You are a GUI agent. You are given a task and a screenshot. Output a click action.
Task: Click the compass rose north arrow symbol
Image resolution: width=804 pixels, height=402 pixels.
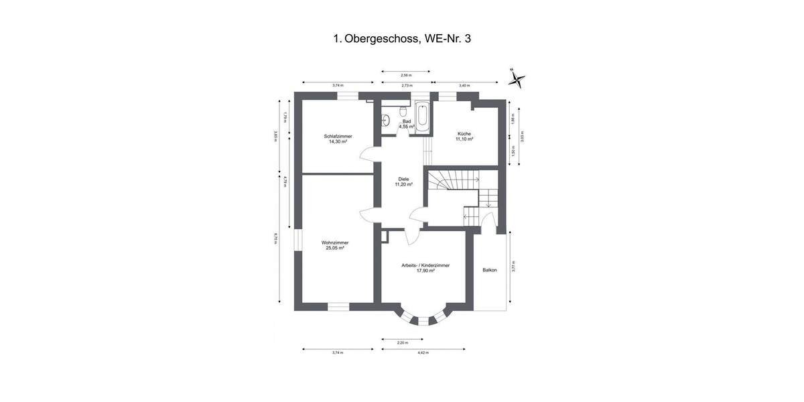[516, 80]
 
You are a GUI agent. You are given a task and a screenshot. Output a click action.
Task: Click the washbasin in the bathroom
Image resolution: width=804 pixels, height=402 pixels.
[386, 121]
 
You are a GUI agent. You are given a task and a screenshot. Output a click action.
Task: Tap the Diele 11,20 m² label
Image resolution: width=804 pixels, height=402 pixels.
[403, 182]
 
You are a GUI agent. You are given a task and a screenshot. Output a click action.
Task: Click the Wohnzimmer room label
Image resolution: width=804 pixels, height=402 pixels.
[334, 245]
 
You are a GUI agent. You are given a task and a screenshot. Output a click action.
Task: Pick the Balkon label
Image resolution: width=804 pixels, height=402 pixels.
[490, 270]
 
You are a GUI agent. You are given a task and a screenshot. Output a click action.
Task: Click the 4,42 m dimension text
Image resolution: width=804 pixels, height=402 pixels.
[423, 352]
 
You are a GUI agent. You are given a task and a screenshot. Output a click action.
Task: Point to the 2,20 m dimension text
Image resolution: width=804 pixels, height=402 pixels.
[402, 343]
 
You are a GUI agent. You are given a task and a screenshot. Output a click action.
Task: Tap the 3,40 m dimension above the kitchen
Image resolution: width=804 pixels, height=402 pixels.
[464, 86]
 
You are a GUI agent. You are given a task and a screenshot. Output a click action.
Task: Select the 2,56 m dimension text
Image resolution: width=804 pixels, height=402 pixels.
[405, 75]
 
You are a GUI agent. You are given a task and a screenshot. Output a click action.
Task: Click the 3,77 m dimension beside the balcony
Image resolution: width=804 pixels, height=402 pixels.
[514, 267]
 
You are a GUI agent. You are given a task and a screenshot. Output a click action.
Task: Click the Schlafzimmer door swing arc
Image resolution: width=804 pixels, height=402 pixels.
[366, 155]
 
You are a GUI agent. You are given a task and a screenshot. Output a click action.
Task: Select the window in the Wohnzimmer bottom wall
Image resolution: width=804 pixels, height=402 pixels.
[338, 308]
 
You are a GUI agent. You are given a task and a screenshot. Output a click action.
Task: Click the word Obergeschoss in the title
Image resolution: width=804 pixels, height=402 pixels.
[381, 39]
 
